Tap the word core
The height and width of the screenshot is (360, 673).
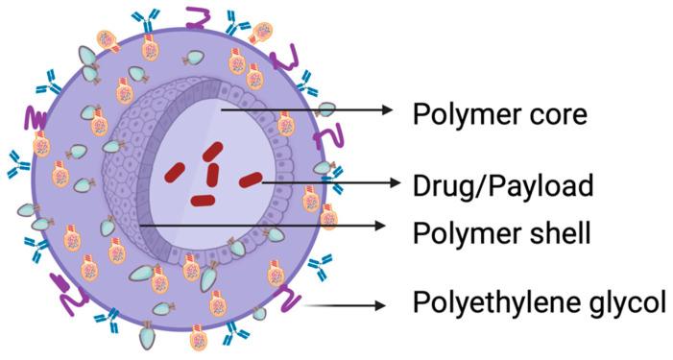click(x=558, y=115)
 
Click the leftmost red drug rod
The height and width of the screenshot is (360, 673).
click(x=175, y=171)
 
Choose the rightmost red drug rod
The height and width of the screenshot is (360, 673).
click(x=250, y=179)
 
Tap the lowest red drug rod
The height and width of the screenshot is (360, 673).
click(x=203, y=201)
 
